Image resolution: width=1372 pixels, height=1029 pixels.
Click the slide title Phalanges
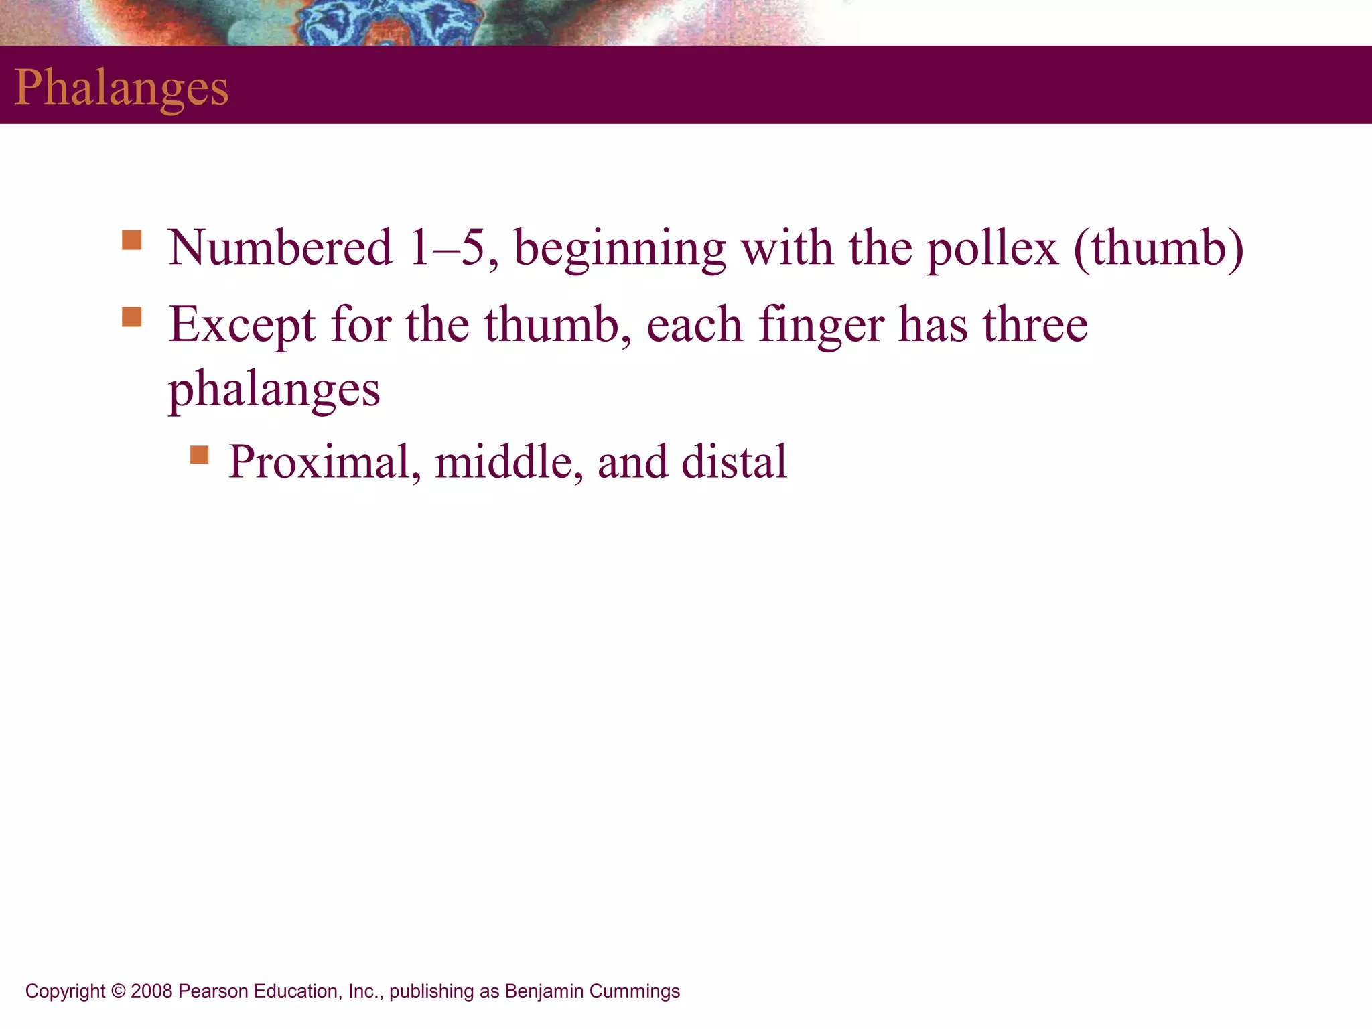[121, 88]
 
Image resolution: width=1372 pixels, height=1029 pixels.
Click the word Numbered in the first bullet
[280, 248]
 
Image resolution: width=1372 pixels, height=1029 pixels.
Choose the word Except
[242, 326]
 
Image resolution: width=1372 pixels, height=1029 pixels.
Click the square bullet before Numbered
[132, 240]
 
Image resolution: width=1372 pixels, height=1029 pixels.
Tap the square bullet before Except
[132, 317]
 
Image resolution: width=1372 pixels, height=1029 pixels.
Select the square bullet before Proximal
[199, 455]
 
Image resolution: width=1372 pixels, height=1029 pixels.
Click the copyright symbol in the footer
[118, 991]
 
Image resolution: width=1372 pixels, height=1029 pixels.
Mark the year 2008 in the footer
[151, 991]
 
